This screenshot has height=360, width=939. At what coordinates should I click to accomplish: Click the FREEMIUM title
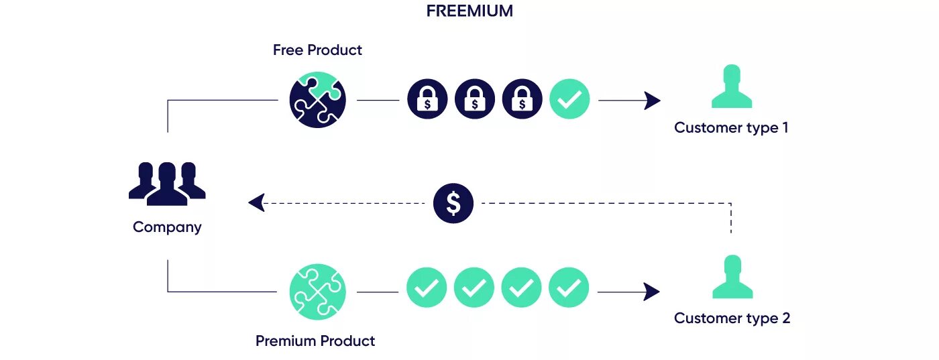(x=469, y=11)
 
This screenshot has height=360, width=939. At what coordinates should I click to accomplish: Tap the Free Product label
(x=317, y=50)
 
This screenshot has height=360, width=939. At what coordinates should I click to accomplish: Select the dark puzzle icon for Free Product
(x=318, y=101)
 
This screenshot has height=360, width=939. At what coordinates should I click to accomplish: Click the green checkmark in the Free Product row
(x=569, y=101)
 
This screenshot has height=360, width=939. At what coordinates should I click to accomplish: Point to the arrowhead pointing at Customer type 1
(x=652, y=101)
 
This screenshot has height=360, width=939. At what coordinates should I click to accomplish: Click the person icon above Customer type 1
(x=731, y=86)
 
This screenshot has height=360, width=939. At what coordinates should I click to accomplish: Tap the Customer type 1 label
(x=731, y=127)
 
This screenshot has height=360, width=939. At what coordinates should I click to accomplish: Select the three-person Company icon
(x=167, y=183)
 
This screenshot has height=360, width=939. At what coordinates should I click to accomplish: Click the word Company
(x=167, y=227)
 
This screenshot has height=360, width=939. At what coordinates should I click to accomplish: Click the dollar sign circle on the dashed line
(x=453, y=203)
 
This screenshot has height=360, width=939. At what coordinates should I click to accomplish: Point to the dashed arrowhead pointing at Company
(x=256, y=202)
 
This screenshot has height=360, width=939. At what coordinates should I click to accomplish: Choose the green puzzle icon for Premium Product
(x=317, y=291)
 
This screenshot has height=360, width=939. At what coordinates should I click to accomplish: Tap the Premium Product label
(x=315, y=341)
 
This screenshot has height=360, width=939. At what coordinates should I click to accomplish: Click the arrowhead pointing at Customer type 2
(x=651, y=291)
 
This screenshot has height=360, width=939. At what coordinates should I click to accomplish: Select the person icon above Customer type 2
(x=732, y=277)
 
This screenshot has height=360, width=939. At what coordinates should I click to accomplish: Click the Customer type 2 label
(x=732, y=318)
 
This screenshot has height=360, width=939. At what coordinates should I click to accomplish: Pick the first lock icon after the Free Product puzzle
(x=427, y=101)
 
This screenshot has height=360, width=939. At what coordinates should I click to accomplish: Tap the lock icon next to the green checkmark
(x=522, y=101)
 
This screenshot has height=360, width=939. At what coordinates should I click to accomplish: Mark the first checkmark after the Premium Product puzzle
(x=427, y=288)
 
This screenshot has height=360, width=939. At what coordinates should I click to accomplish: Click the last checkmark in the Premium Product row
(x=569, y=288)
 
